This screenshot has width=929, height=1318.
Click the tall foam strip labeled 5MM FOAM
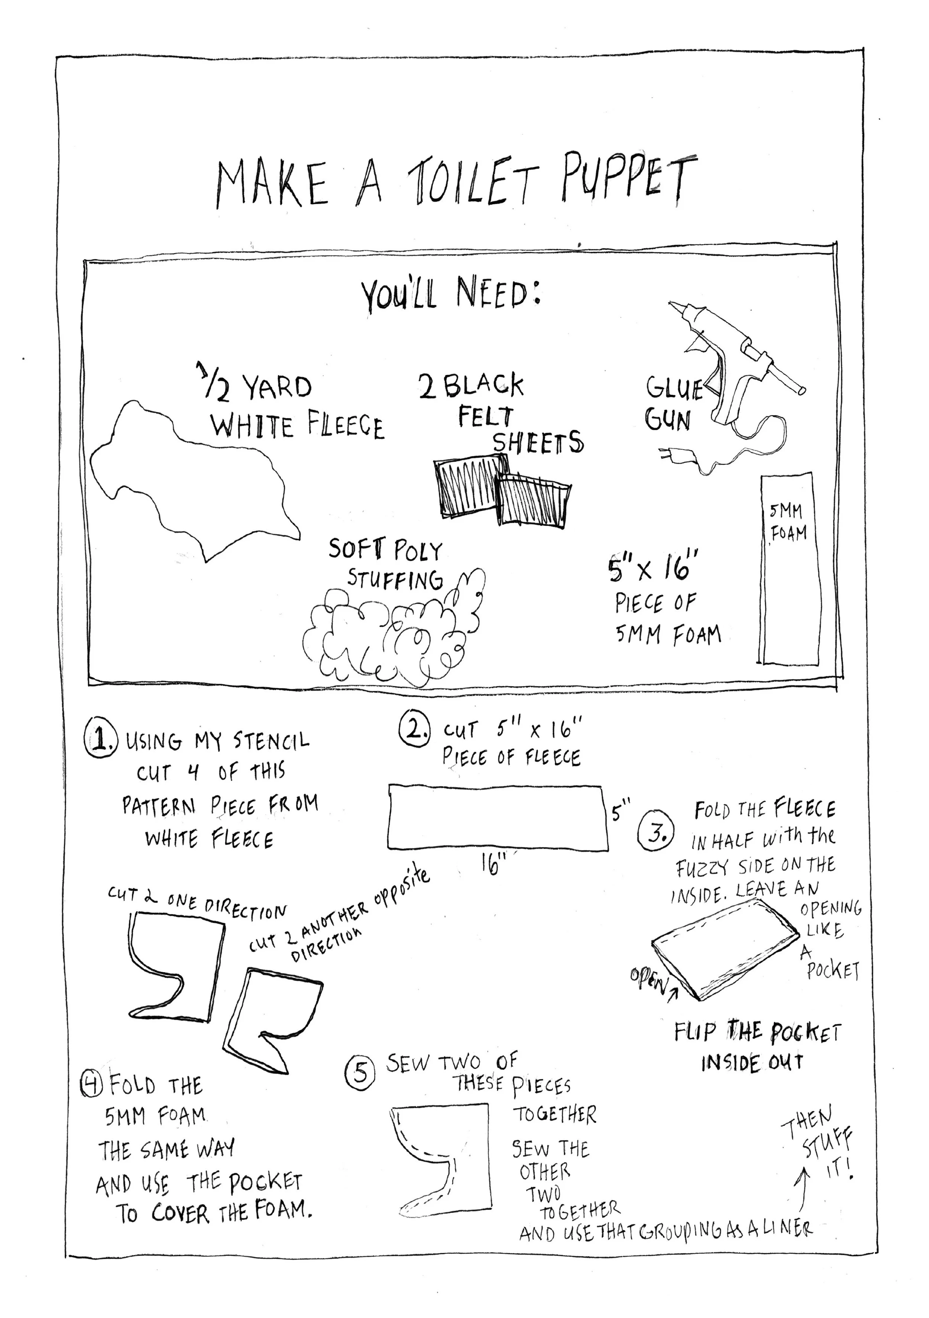coord(787,568)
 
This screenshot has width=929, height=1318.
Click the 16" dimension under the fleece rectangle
coord(492,862)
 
